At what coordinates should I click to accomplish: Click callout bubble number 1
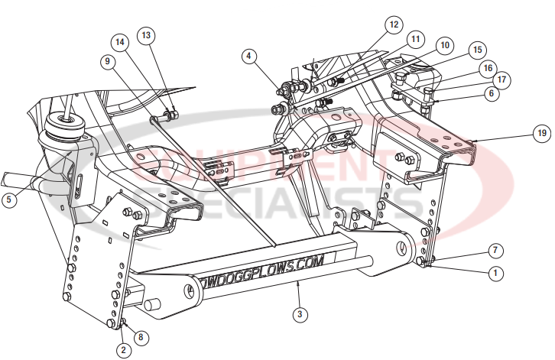pyautogui.click(x=496, y=272)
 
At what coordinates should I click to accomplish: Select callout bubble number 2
pyautogui.click(x=122, y=350)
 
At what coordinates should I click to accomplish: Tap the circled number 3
pyautogui.click(x=299, y=313)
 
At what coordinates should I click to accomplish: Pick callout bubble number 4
pyautogui.click(x=250, y=56)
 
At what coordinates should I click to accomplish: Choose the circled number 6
pyautogui.click(x=491, y=93)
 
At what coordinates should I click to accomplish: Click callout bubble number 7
pyautogui.click(x=496, y=251)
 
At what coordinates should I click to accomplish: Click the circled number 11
pyautogui.click(x=415, y=38)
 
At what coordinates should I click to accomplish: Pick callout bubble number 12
pyautogui.click(x=393, y=24)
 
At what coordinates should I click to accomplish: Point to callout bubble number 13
pyautogui.click(x=146, y=34)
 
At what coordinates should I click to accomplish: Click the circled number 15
pyautogui.click(x=477, y=50)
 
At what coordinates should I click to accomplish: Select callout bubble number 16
pyautogui.click(x=487, y=67)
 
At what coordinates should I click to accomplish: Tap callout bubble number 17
pyautogui.click(x=501, y=79)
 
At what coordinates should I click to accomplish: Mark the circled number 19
pyautogui.click(x=541, y=133)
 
